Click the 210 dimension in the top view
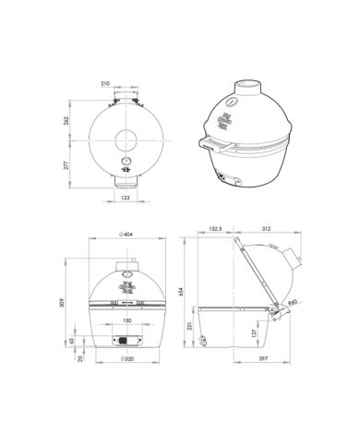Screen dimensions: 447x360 [122, 83]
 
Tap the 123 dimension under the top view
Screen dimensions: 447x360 [123, 197]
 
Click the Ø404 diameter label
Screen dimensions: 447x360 [125, 235]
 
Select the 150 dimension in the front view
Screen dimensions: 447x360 [126, 321]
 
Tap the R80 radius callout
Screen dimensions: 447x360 [293, 301]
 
